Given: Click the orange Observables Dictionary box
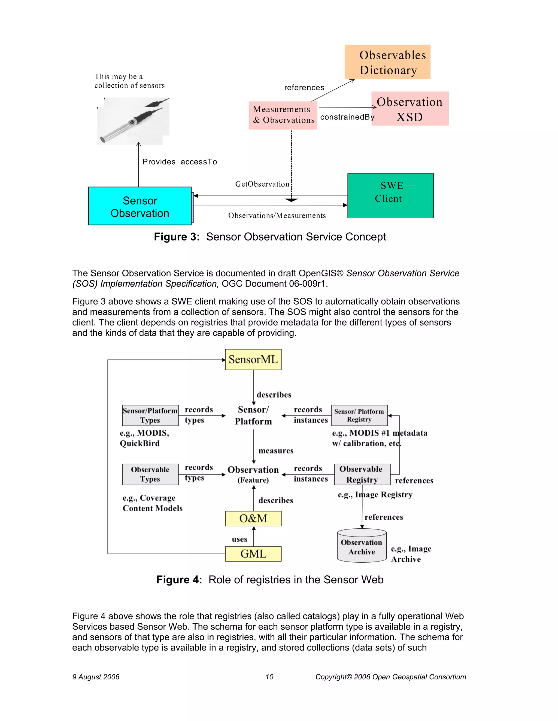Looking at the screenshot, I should pyautogui.click(x=387, y=62).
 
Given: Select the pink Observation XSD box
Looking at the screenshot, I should pyautogui.click(x=410, y=109).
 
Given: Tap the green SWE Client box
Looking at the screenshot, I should pyautogui.click(x=390, y=196).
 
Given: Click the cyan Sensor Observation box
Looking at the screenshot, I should pyautogui.click(x=140, y=206).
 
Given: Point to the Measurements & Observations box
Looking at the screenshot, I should pyautogui.click(x=283, y=115).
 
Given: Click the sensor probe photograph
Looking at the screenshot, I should pyautogui.click(x=133, y=121).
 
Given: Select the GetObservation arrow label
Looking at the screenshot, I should pyautogui.click(x=262, y=184).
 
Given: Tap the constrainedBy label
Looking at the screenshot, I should pyautogui.click(x=347, y=117).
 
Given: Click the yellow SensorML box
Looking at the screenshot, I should pyautogui.click(x=253, y=359).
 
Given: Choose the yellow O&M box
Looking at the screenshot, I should pyautogui.click(x=253, y=518).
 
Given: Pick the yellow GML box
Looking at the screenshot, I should pyautogui.click(x=253, y=554).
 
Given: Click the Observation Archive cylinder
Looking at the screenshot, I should pyautogui.click(x=362, y=547).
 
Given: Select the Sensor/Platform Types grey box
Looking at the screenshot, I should pyautogui.click(x=150, y=415).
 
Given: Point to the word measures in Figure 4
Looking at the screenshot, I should pyautogui.click(x=276, y=451).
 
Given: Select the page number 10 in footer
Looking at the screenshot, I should pyautogui.click(x=269, y=677).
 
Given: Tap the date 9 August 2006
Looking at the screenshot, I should pyautogui.click(x=96, y=677).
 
